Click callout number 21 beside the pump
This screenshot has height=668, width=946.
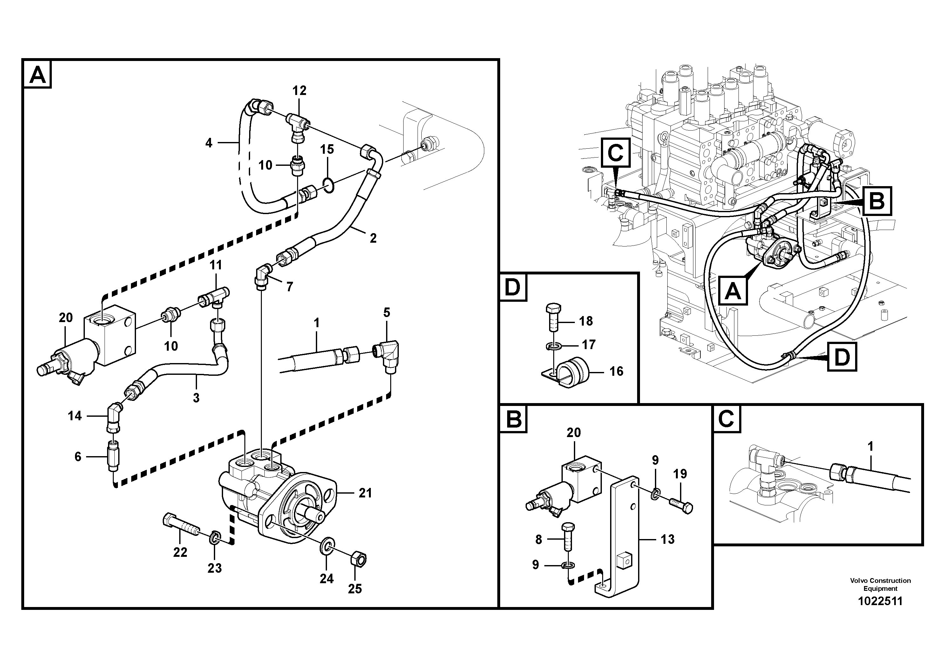pyautogui.click(x=365, y=493)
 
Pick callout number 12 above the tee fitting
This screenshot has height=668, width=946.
pyautogui.click(x=300, y=91)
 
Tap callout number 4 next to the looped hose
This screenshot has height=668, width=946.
pyautogui.click(x=209, y=143)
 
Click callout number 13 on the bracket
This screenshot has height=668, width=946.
pyautogui.click(x=667, y=539)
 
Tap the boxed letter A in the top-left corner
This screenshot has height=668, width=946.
pyautogui.click(x=38, y=75)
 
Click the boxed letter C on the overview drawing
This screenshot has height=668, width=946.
pyautogui.click(x=615, y=153)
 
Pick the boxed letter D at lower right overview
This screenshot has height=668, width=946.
pyautogui.click(x=841, y=357)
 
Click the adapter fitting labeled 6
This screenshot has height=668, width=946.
pyautogui.click(x=112, y=456)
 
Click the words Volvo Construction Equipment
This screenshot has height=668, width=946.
pyautogui.click(x=880, y=584)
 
